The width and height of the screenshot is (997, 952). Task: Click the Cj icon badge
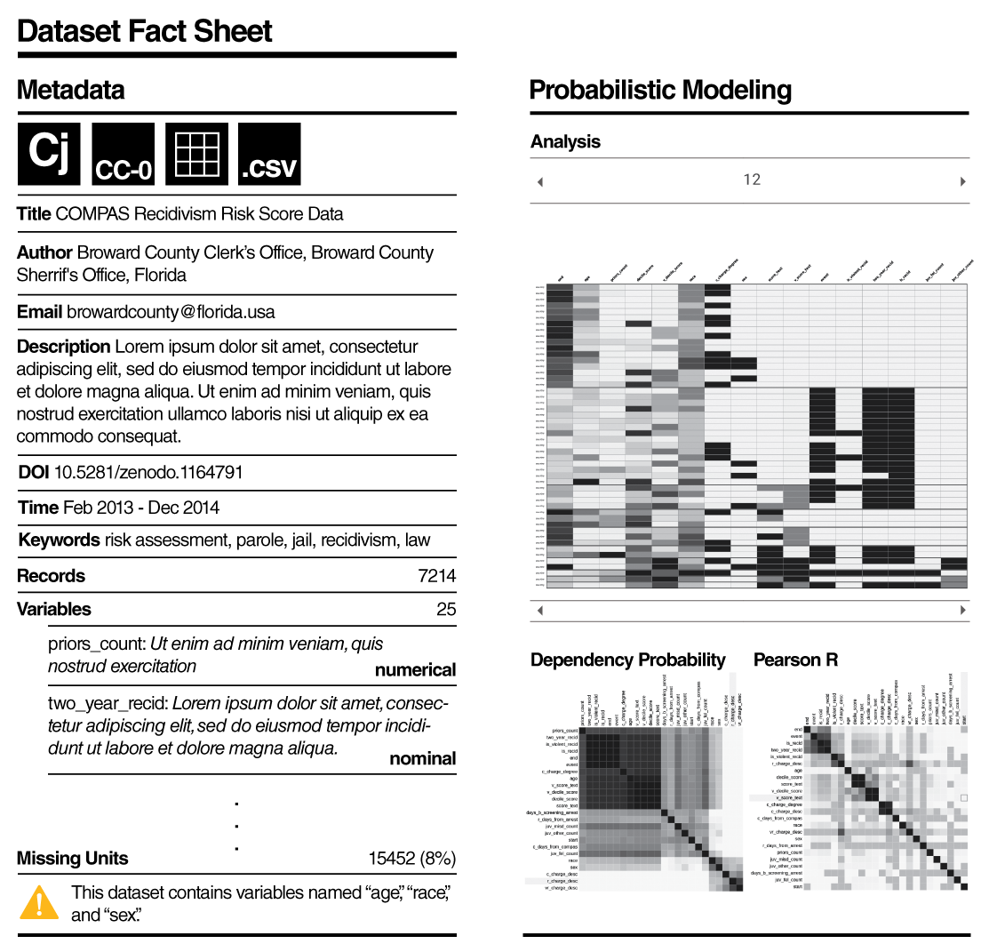[x=49, y=154]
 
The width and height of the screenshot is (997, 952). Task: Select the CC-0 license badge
[x=123, y=155]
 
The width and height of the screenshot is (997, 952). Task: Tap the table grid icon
[x=196, y=155]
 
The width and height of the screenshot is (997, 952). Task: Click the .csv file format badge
[x=269, y=155]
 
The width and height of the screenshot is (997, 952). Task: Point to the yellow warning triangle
[x=38, y=902]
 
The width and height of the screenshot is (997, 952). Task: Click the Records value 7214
[x=436, y=576]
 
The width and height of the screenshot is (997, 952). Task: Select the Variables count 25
[x=446, y=609]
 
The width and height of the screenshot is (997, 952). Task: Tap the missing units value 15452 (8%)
[x=411, y=859]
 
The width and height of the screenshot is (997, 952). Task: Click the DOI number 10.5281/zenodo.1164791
[x=148, y=472]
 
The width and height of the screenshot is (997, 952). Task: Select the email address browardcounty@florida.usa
[x=171, y=312]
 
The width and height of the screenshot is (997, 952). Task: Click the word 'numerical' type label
[x=415, y=670]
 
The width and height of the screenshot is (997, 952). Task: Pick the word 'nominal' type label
[x=422, y=758]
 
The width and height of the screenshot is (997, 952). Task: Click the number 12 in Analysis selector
[x=752, y=180]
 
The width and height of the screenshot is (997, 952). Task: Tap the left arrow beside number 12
[x=539, y=182]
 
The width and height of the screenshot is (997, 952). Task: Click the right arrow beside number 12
[x=962, y=182]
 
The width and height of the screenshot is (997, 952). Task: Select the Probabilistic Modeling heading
[x=660, y=90]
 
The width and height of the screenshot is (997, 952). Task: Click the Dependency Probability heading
[x=627, y=660]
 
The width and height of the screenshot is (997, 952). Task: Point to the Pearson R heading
[x=795, y=660]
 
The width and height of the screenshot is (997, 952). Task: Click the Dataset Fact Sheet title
[x=145, y=31]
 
